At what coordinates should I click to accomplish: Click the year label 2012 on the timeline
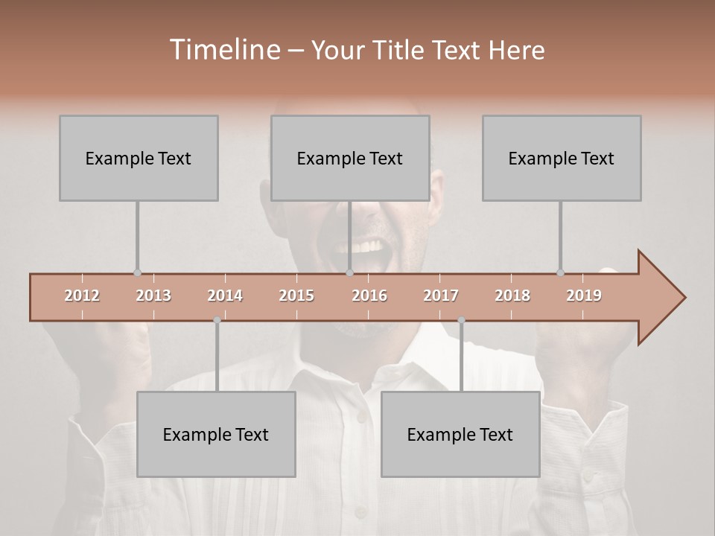(x=82, y=296)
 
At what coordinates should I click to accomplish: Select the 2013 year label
(x=153, y=296)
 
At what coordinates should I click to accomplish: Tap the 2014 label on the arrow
(x=225, y=296)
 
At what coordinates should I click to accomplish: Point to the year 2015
(x=296, y=296)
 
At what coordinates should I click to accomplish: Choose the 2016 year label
(x=369, y=296)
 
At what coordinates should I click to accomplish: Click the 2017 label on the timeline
(x=441, y=296)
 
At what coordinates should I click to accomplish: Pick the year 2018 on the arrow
(x=512, y=296)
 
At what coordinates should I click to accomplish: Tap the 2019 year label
(x=584, y=296)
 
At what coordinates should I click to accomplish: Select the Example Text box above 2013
(x=139, y=158)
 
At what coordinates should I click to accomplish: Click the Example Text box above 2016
(x=350, y=158)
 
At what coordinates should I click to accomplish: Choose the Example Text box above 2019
(x=562, y=158)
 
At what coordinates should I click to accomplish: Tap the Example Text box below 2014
(x=216, y=434)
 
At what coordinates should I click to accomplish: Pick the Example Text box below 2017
(x=460, y=434)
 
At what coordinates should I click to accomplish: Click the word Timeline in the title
(x=223, y=50)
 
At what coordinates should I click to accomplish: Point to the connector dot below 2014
(x=217, y=320)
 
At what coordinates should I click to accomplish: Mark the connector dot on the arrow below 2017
(x=461, y=320)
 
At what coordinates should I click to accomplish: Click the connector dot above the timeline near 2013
(x=137, y=273)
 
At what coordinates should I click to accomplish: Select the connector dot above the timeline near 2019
(x=560, y=273)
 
